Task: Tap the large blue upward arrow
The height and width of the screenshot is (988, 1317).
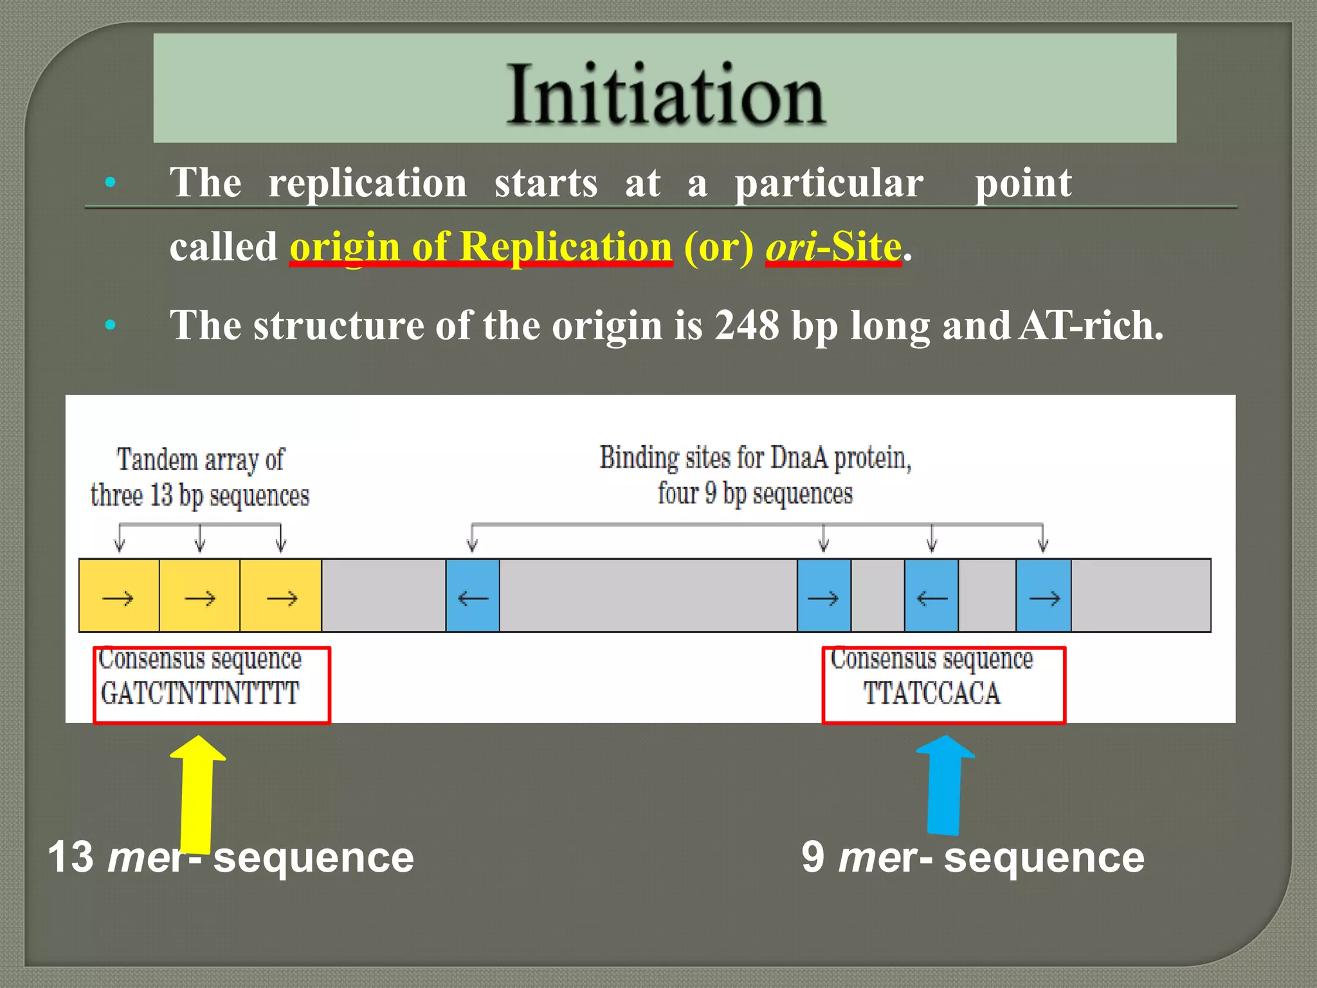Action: click(x=944, y=785)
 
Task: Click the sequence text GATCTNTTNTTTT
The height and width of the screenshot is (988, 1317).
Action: click(x=200, y=693)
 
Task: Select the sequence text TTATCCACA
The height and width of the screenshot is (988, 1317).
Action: click(x=931, y=693)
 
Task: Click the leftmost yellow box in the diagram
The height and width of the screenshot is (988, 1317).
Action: click(x=119, y=596)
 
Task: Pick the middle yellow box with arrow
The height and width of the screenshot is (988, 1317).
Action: click(x=199, y=596)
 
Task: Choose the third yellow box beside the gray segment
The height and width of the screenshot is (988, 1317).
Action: click(x=281, y=596)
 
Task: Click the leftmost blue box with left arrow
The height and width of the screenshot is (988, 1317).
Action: click(x=473, y=596)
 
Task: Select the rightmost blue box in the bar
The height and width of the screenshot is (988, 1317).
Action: click(x=1043, y=596)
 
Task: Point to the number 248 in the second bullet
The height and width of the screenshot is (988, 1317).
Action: click(x=747, y=325)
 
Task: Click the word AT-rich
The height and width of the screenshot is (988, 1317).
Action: click(x=1091, y=325)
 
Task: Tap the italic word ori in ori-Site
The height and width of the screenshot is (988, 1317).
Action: click(x=790, y=247)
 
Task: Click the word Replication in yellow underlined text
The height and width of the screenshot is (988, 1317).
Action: click(x=566, y=247)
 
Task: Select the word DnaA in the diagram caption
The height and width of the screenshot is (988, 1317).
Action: click(x=799, y=458)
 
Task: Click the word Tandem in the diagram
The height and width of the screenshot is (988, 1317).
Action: click(x=157, y=461)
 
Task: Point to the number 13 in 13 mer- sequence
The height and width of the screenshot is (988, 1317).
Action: click(x=71, y=857)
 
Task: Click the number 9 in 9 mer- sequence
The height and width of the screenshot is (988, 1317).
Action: click(x=813, y=857)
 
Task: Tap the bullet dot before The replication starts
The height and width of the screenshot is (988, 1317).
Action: click(x=110, y=183)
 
